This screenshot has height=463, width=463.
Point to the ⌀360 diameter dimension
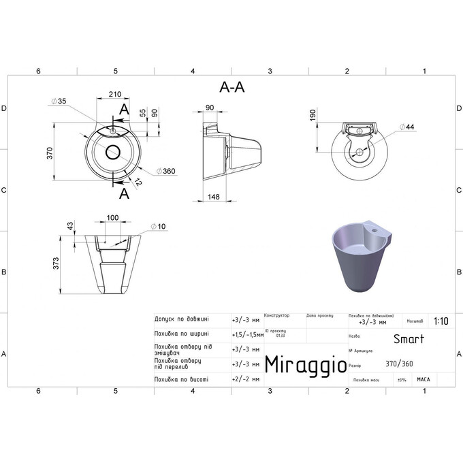(165, 171)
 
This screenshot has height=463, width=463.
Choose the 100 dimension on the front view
(113, 219)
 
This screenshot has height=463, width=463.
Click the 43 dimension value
(69, 225)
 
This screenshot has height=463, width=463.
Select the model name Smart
(409, 338)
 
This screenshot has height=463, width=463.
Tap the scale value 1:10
(441, 323)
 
